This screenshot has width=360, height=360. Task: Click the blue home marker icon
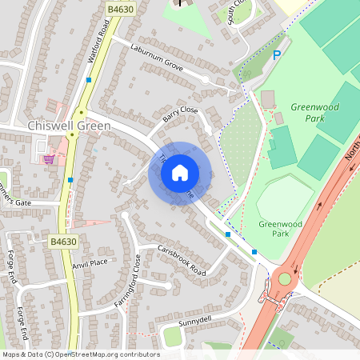coord(180,172)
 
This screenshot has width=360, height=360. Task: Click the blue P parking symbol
coord(277,55)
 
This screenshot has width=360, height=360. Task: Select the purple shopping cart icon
coord(50,158)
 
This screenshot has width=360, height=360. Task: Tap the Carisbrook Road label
coord(182,261)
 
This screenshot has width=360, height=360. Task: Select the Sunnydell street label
coord(197,320)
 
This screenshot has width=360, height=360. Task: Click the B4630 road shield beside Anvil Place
coord(63,241)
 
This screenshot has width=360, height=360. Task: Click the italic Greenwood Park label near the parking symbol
coord(315,112)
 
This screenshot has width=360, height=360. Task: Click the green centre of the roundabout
coord(284,279)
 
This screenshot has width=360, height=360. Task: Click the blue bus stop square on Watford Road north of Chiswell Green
coord(88,80)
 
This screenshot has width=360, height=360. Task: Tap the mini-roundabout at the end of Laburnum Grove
coord(205,81)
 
